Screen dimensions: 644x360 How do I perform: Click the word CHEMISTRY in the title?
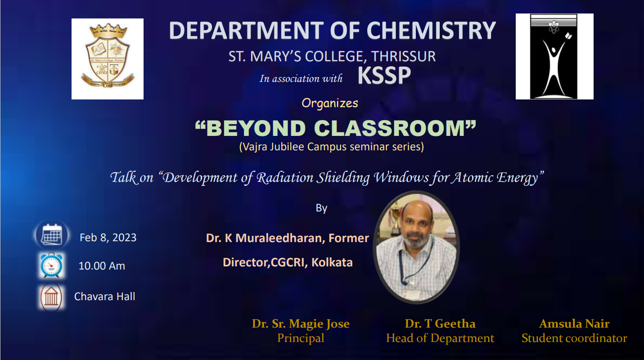click(431, 31)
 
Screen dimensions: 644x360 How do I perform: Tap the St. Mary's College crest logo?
click(108, 59)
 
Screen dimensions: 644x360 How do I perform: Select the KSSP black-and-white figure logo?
click(554, 56)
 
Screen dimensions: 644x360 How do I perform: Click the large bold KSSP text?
click(384, 75)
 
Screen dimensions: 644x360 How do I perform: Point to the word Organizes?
click(330, 103)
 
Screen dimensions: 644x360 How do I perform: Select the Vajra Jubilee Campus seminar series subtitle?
click(332, 147)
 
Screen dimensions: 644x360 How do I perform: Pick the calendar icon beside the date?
click(52, 235)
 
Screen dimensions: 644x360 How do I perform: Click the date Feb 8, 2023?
click(108, 238)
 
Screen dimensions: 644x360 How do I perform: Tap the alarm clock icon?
click(51, 265)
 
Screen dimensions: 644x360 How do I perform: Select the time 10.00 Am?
click(102, 266)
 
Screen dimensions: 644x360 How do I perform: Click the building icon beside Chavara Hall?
click(51, 297)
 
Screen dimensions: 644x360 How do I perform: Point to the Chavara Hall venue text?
click(105, 297)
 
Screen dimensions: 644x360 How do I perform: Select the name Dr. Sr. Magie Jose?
click(301, 324)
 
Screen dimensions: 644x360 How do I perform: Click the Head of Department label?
click(440, 338)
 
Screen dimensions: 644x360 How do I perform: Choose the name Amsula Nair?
click(574, 324)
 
